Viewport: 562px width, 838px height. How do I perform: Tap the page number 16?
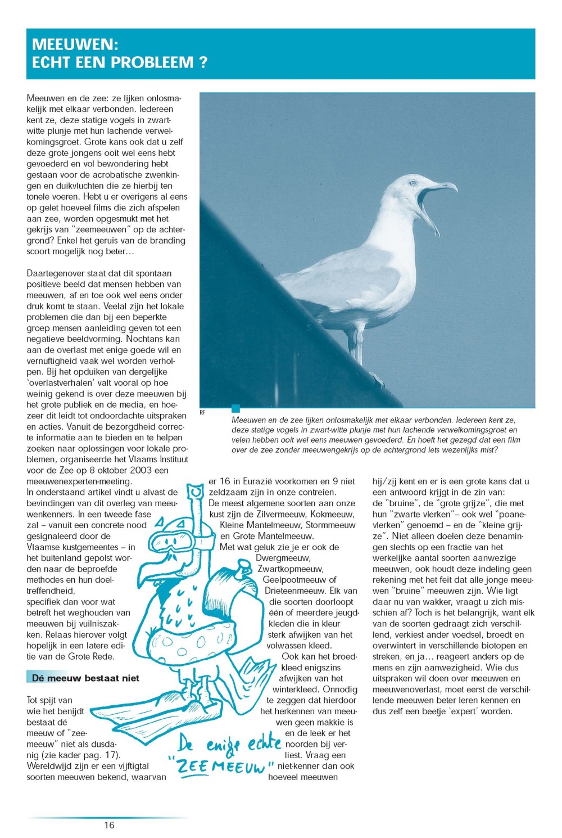(109, 825)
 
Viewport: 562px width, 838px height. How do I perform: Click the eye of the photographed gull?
(413, 183)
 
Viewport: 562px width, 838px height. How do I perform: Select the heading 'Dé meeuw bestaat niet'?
(85, 678)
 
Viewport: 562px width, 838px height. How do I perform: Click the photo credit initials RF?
(202, 412)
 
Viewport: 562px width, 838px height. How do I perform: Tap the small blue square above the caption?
(235, 409)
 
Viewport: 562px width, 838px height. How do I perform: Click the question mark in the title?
(203, 62)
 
